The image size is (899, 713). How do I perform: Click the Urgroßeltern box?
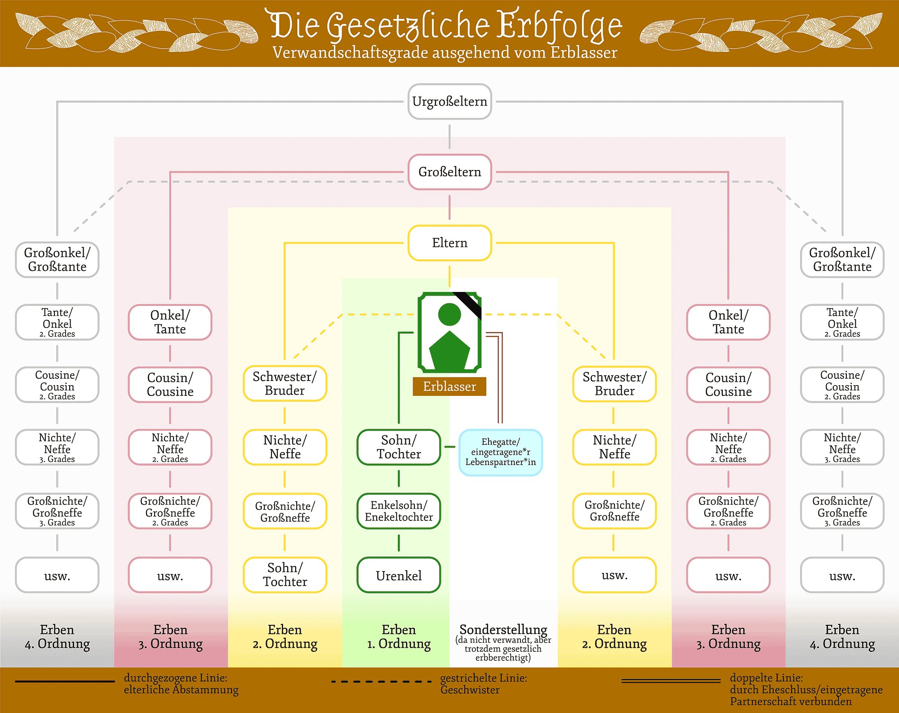(x=449, y=102)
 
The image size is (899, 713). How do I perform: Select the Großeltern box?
(x=449, y=172)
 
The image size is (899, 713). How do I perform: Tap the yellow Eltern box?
(x=449, y=243)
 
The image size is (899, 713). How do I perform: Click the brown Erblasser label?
(x=449, y=386)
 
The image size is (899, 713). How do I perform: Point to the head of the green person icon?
(x=449, y=314)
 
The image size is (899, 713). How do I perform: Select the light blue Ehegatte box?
(x=500, y=452)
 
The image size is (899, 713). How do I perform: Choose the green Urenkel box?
(x=399, y=575)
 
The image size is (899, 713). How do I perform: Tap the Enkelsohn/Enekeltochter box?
(x=399, y=511)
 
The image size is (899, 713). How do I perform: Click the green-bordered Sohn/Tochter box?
(x=399, y=447)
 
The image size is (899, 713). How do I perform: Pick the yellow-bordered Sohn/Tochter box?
(x=285, y=575)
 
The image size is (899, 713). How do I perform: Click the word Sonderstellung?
(x=503, y=629)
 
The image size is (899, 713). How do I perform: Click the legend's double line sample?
(x=671, y=681)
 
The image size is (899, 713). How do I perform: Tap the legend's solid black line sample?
(x=65, y=682)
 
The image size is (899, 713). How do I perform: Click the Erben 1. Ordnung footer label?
(x=399, y=637)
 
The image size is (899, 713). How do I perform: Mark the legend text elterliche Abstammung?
(x=181, y=690)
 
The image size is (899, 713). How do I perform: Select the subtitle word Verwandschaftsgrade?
(x=350, y=53)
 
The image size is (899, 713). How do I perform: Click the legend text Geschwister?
(x=470, y=690)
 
